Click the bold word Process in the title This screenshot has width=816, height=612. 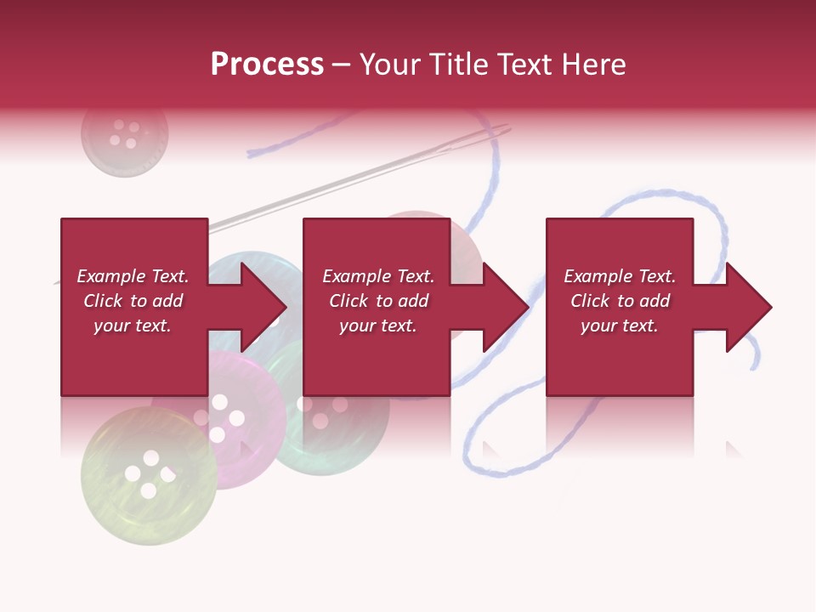point(267,65)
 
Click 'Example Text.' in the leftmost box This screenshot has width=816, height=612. point(133,276)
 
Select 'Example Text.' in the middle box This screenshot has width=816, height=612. point(378,276)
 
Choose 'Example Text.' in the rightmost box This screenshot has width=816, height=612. point(620,276)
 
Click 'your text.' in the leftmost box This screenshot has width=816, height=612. point(133,326)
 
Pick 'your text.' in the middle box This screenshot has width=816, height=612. point(378,326)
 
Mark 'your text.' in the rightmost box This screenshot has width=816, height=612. point(620,326)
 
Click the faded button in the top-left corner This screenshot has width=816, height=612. point(125,134)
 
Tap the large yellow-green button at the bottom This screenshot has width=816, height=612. point(149,476)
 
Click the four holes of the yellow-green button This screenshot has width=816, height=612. point(150,473)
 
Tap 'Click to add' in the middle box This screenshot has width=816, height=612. point(378,301)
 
